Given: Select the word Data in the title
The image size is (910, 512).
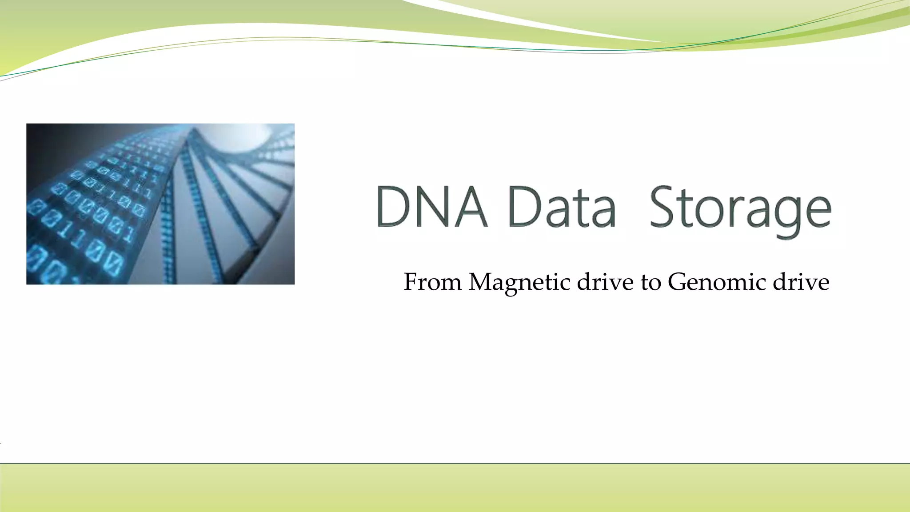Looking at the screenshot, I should tap(562, 207).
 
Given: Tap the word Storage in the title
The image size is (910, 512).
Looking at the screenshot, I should tap(740, 209).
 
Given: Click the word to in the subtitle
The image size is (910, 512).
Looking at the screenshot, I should tap(651, 283).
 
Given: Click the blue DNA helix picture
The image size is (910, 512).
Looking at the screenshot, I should tap(160, 204).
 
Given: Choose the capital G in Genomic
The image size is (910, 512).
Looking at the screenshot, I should tap(677, 282).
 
